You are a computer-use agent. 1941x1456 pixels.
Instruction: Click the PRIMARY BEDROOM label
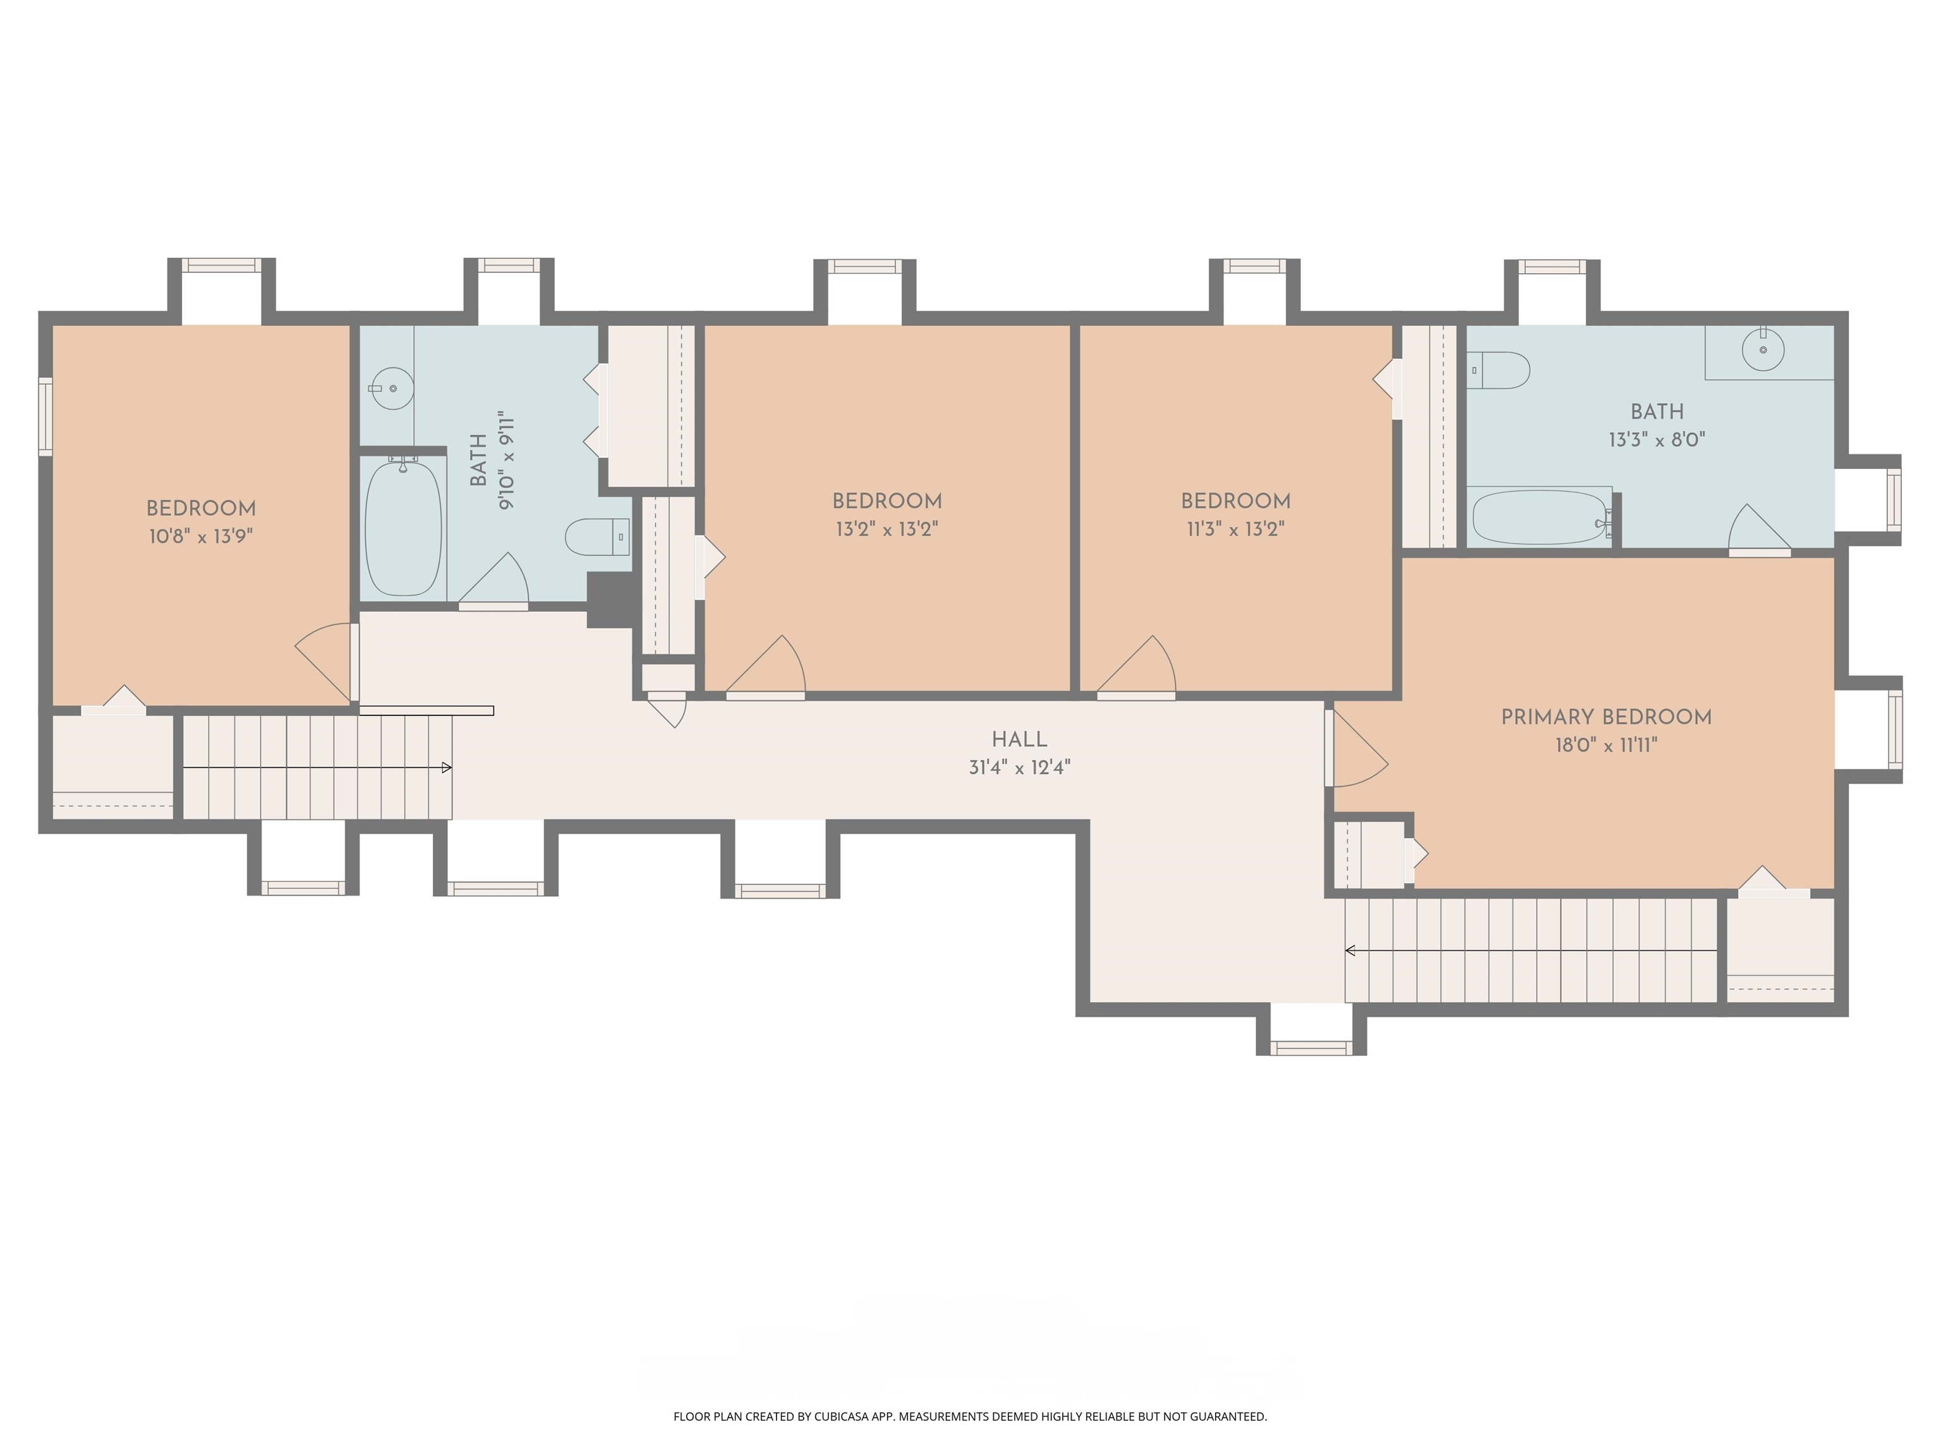point(1605,717)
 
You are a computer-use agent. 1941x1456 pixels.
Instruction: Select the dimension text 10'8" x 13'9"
point(201,537)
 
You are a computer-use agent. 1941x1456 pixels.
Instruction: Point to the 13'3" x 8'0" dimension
point(1656,440)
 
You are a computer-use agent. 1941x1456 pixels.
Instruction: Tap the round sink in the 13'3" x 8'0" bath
point(1763,349)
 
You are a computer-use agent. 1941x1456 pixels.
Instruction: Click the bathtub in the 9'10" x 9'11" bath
point(402,528)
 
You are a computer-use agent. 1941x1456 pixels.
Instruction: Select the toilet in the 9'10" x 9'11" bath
point(598,537)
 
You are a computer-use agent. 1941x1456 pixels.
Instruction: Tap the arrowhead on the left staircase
point(447,768)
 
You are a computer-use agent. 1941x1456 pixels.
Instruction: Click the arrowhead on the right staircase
point(1350,950)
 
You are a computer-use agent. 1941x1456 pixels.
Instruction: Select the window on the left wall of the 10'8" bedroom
point(45,416)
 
